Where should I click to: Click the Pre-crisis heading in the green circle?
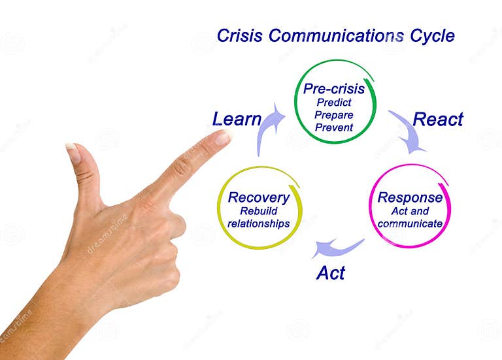333,89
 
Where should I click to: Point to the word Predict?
333,103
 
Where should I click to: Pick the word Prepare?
333,115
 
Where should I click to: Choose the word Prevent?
333,127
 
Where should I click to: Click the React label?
438,120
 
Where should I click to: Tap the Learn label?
237,120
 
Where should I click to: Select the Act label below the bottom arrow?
331,272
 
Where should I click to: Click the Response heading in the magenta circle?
410,198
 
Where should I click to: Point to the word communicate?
410,224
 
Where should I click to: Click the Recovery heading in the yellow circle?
259,197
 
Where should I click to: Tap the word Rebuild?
259,211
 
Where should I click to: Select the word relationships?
259,223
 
